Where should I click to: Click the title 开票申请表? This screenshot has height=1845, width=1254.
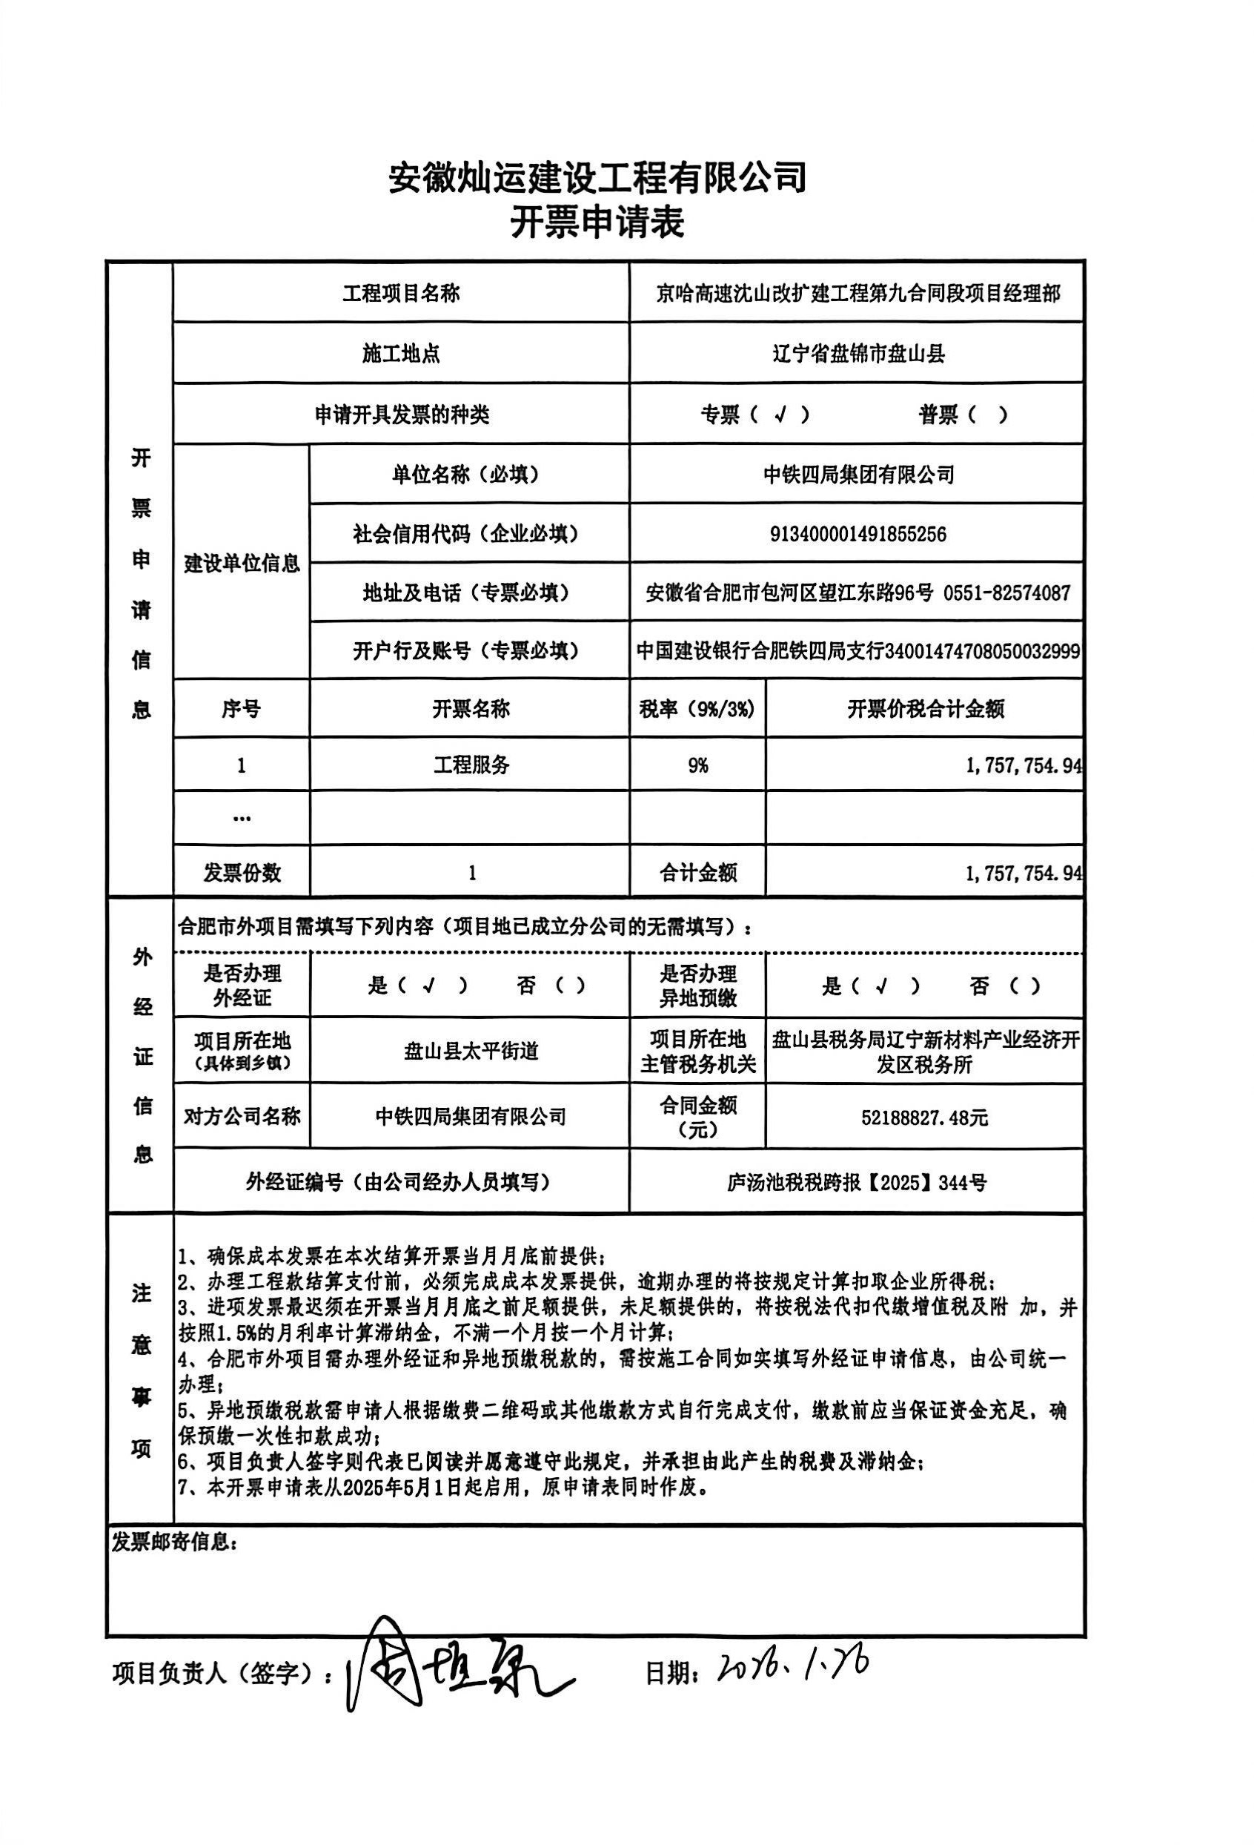pyautogui.click(x=597, y=224)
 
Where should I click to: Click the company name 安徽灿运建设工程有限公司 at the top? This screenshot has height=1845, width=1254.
pyautogui.click(x=597, y=178)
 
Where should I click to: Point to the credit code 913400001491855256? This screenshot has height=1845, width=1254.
pyautogui.click(x=858, y=533)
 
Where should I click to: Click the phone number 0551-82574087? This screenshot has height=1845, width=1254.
pyautogui.click(x=1006, y=593)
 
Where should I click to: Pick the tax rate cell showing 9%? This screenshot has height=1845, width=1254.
pyautogui.click(x=697, y=765)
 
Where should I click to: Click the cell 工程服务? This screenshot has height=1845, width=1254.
pyautogui.click(x=471, y=765)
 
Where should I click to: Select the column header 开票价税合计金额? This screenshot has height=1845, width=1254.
pyautogui.click(x=926, y=709)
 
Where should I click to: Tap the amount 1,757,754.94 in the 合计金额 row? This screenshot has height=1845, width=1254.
pyautogui.click(x=1023, y=874)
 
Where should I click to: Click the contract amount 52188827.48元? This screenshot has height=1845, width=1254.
pyautogui.click(x=925, y=1118)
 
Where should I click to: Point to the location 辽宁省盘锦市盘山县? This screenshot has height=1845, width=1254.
pyautogui.click(x=858, y=354)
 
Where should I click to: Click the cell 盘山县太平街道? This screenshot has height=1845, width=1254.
pyautogui.click(x=471, y=1051)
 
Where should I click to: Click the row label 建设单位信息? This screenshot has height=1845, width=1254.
pyautogui.click(x=242, y=564)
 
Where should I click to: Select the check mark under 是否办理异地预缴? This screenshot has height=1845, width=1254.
pyautogui.click(x=880, y=987)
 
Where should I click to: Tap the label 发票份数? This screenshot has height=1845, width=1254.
pyautogui.click(x=242, y=874)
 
